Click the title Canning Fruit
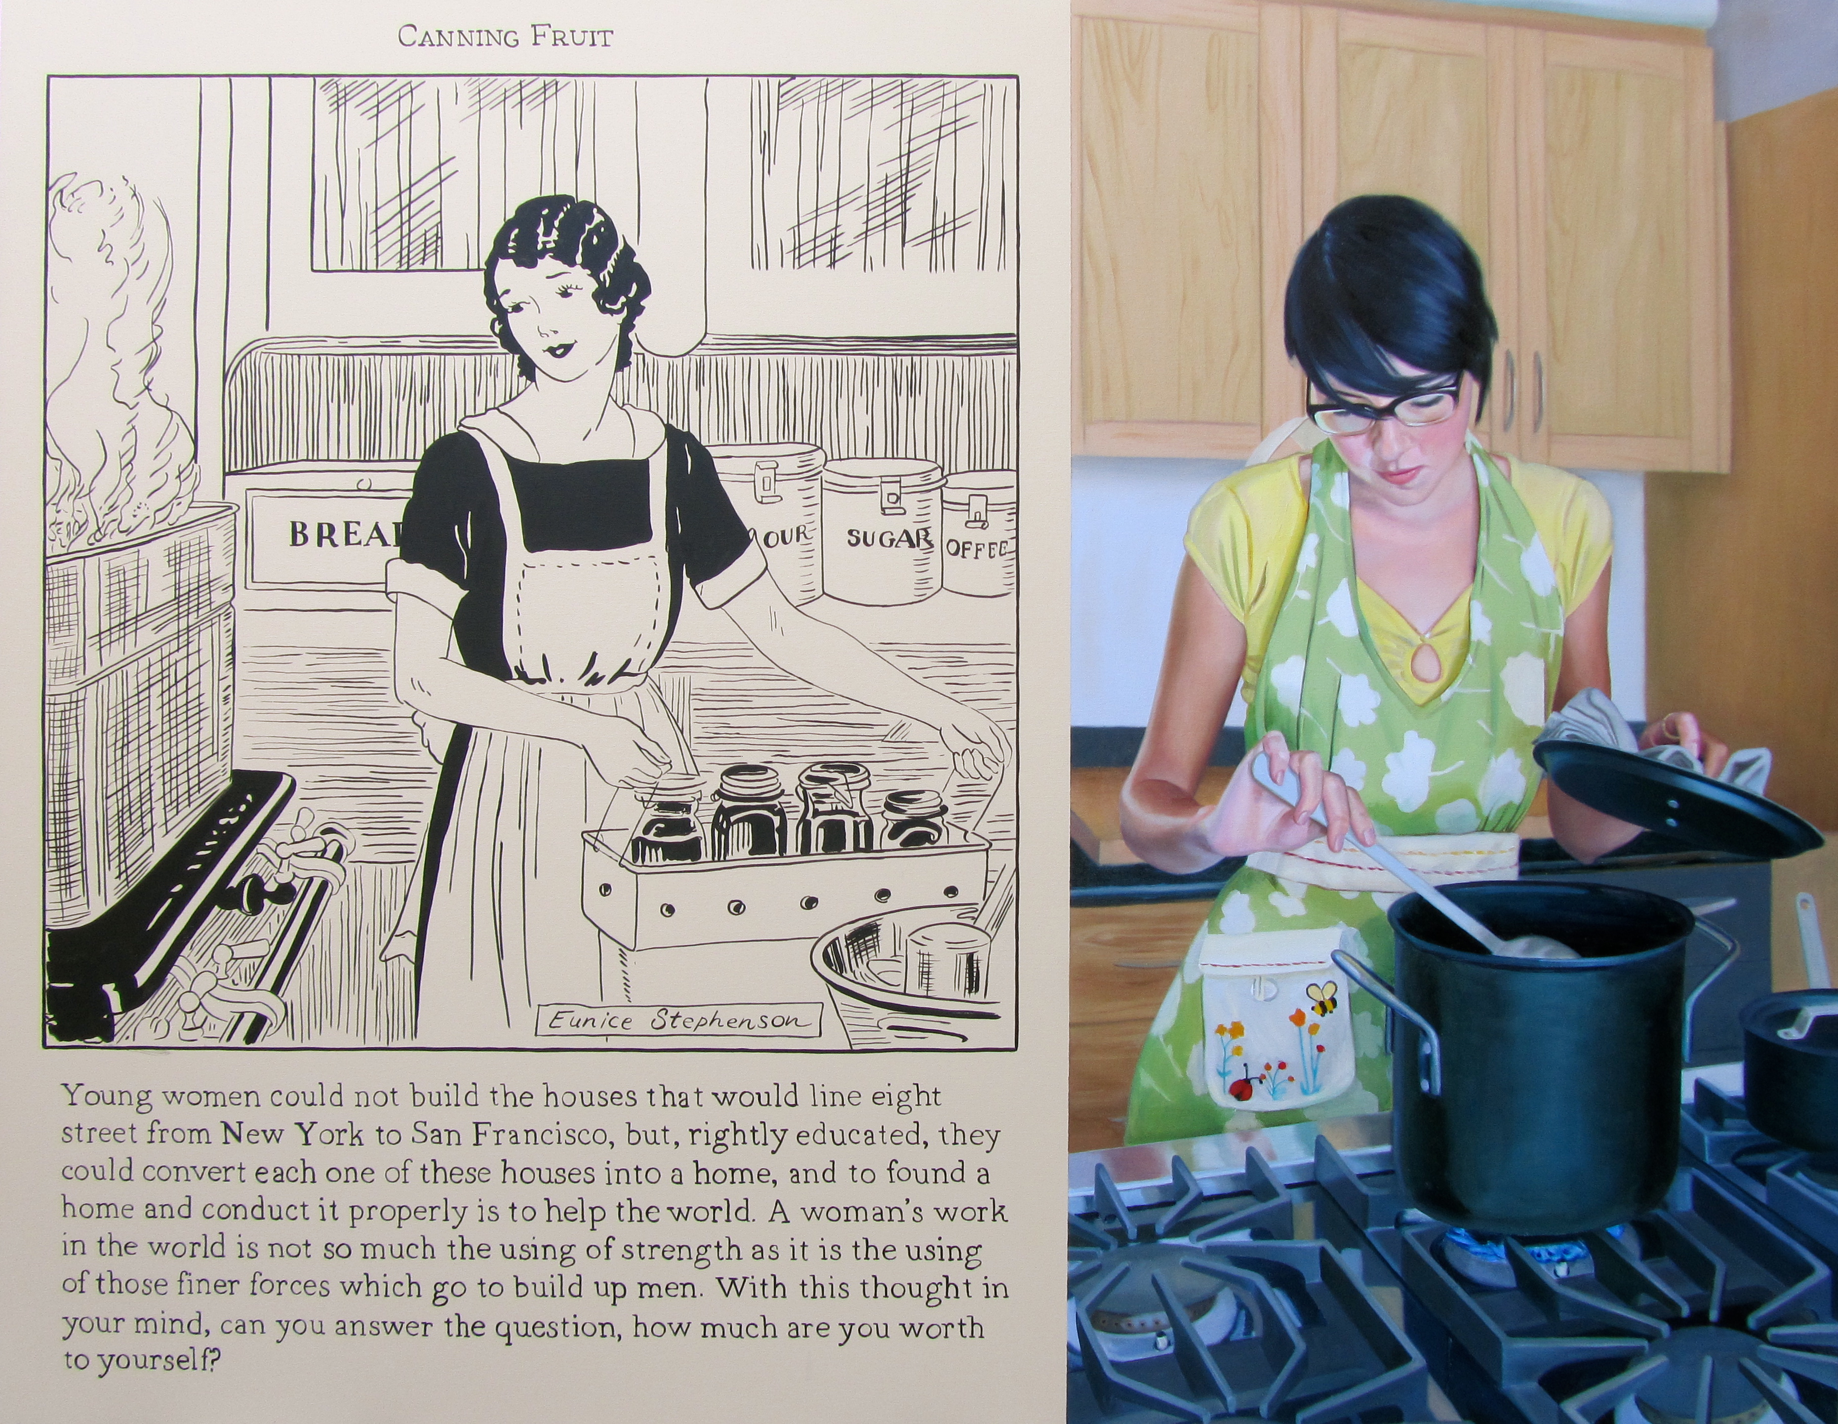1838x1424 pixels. point(505,37)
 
